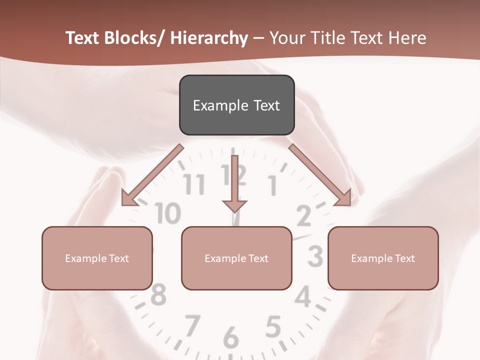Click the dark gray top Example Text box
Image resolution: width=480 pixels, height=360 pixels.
(236, 105)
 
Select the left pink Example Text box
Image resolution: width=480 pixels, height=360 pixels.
(97, 258)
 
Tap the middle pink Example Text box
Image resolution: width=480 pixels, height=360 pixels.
(236, 258)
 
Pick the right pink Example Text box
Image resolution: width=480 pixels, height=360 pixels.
(383, 258)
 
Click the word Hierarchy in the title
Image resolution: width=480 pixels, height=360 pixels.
(209, 38)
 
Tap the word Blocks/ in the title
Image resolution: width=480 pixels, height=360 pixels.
(135, 38)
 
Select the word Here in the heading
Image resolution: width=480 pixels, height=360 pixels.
(408, 38)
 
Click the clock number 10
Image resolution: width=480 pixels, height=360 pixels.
(167, 213)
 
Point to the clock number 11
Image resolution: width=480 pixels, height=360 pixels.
(194, 184)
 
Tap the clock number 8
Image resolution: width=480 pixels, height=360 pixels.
(158, 295)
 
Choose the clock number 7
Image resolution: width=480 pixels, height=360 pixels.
(192, 325)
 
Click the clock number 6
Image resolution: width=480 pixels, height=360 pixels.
(230, 338)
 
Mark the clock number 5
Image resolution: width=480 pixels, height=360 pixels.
(272, 327)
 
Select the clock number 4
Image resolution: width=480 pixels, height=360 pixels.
(303, 297)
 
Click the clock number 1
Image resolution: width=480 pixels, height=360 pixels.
(273, 186)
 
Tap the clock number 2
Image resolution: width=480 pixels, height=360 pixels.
(303, 216)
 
